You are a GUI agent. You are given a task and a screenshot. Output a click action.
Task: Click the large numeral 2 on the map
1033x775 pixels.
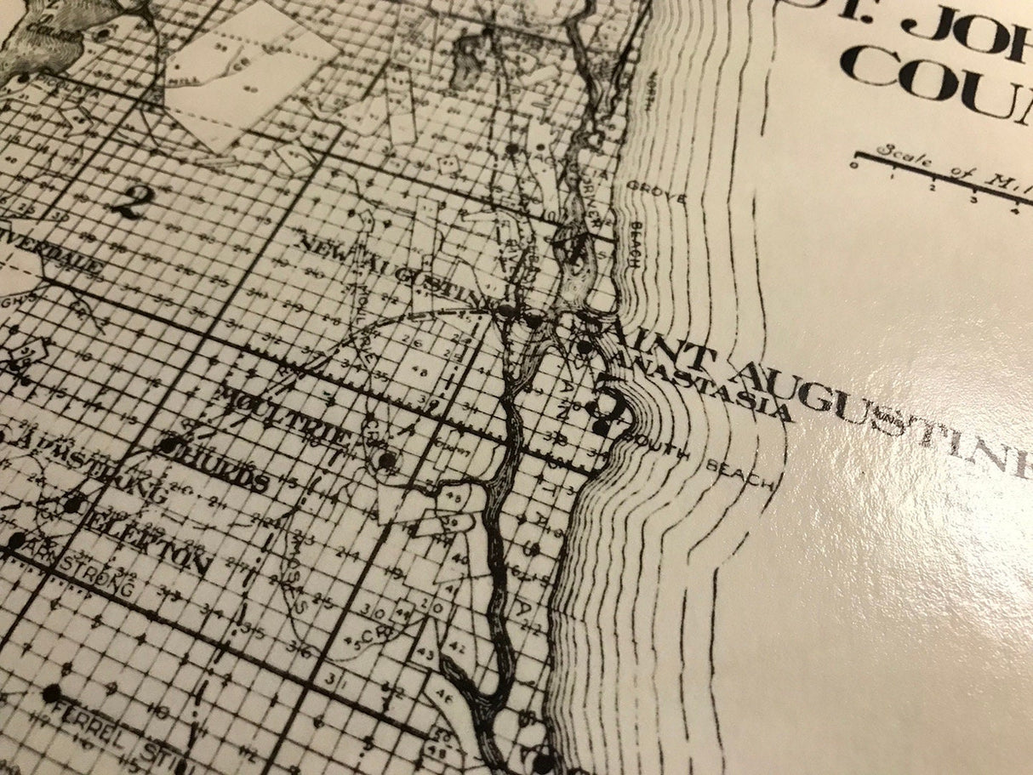[128, 202]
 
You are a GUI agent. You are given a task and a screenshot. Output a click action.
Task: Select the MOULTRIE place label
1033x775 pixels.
[286, 415]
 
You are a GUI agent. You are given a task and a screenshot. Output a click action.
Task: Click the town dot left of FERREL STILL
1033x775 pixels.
[53, 693]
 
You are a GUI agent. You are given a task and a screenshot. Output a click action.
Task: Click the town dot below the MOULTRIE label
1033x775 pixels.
[387, 459]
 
